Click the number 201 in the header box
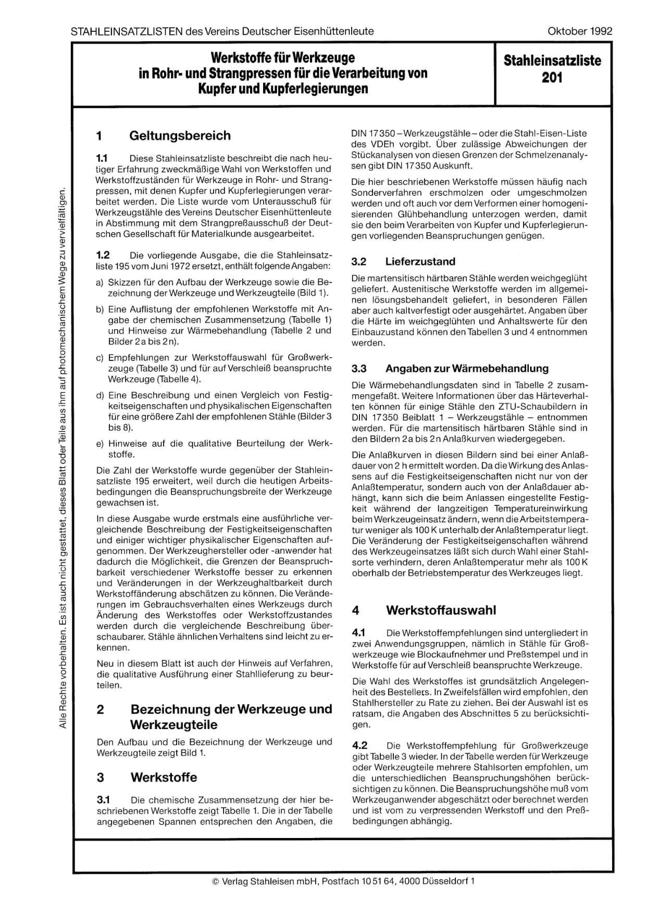click(552, 78)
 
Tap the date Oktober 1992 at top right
click(580, 31)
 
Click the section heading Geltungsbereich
click(180, 136)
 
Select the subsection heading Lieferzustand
click(420, 261)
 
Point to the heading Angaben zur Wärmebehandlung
click(467, 368)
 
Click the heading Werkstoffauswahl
click(441, 610)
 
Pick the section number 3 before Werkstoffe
click(101, 778)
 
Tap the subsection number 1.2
click(103, 255)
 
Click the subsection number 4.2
click(360, 745)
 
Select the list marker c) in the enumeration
click(100, 358)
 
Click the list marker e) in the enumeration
click(100, 444)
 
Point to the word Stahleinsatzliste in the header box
click(552, 61)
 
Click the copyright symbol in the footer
click(216, 881)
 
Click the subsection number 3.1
click(103, 799)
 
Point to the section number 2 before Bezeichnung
click(101, 709)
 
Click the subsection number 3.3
click(359, 368)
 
